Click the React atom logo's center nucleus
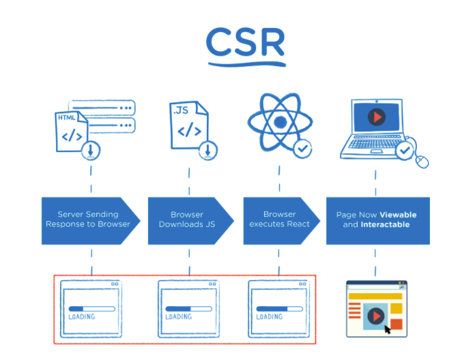pos(278,123)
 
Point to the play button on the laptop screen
pos(375,117)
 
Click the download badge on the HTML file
pos(91,150)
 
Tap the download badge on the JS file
pos(207,149)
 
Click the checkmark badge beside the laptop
pos(405,148)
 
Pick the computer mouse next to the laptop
pos(422,161)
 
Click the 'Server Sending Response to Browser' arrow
pos(89,220)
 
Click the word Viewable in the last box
pos(398,215)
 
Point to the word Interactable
pos(385,224)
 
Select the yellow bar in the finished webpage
pos(371,296)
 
